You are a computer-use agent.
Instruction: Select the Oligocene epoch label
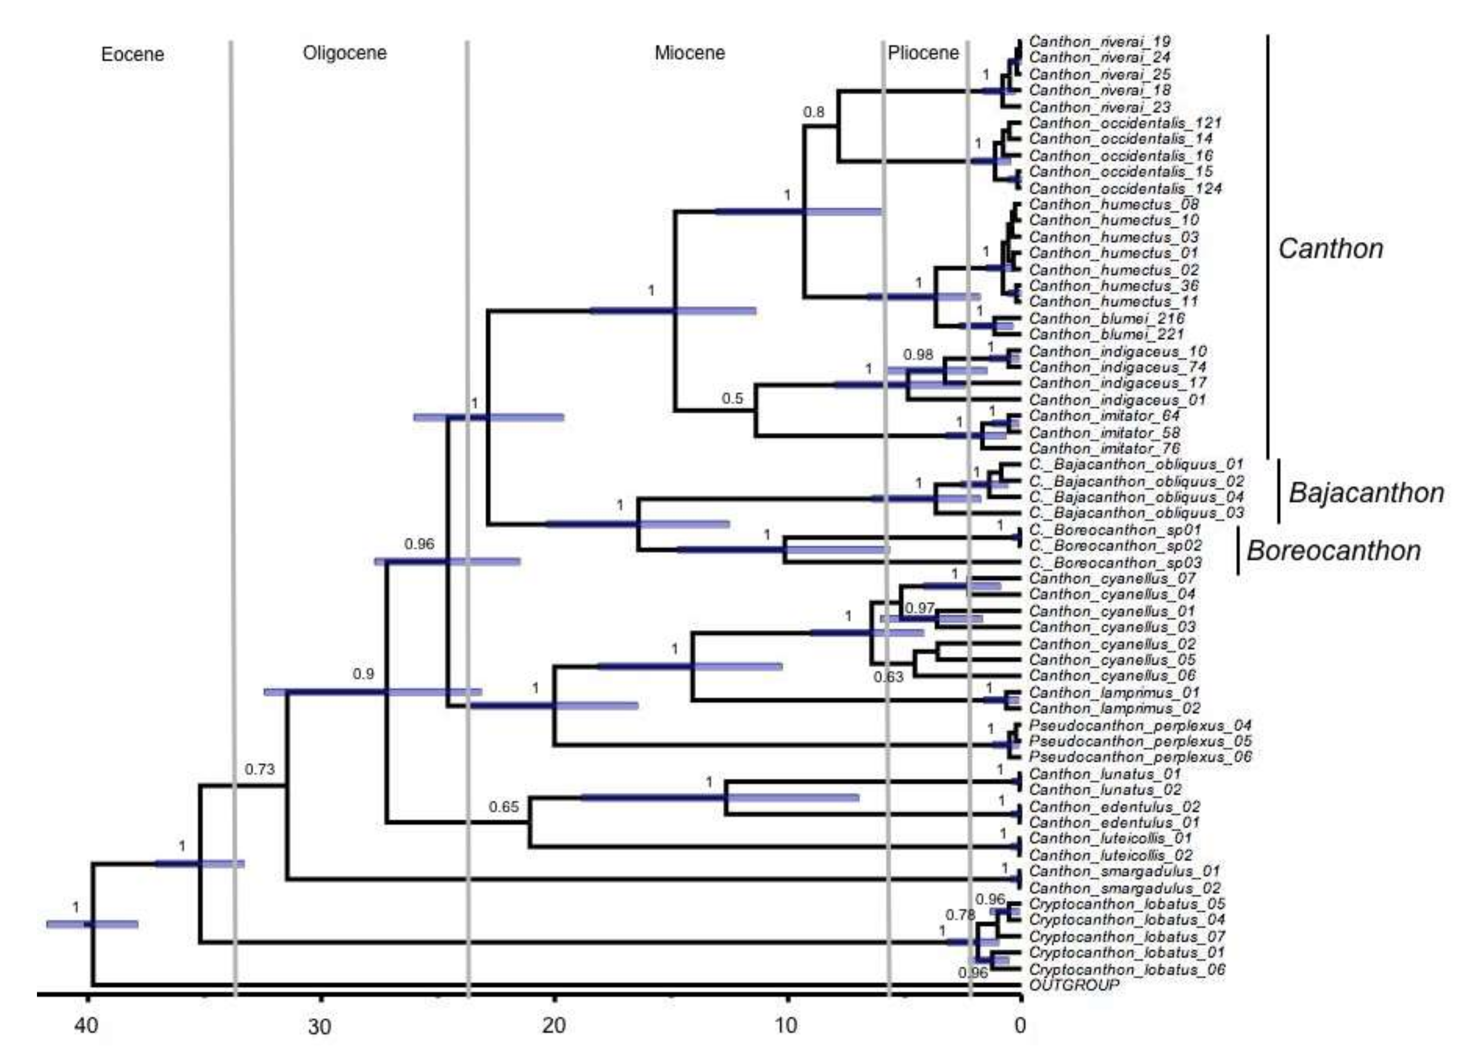[x=345, y=53]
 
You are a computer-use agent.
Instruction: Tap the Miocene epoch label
[x=690, y=53]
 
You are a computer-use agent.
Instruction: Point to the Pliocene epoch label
[x=923, y=53]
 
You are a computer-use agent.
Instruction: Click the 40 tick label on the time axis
[x=87, y=1026]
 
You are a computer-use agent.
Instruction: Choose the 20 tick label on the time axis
[x=554, y=1026]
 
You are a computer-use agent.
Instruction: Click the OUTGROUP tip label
[x=1074, y=985]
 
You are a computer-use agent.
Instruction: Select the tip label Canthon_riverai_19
[x=1099, y=42]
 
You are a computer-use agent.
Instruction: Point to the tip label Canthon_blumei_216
[x=1106, y=319]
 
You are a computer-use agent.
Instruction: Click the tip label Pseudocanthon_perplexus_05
[x=1140, y=741]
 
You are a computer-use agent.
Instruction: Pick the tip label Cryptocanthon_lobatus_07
[x=1126, y=936]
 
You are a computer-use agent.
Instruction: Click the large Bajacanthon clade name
[x=1366, y=493]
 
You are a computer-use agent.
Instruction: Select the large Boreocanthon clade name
[x=1333, y=551]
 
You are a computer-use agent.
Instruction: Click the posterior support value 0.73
[x=260, y=769]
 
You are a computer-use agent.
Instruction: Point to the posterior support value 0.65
[x=504, y=807]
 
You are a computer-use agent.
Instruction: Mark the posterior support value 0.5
[x=732, y=399]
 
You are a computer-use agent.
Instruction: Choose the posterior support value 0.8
[x=813, y=112]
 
